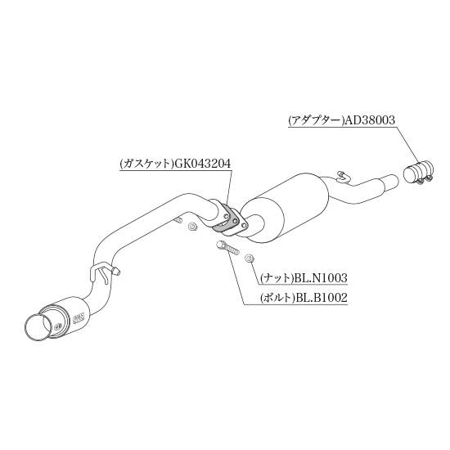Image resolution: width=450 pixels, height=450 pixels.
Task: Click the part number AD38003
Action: point(370,120)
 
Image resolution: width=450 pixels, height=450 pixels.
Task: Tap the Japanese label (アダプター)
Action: point(317,120)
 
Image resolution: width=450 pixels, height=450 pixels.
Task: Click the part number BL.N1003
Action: point(320,278)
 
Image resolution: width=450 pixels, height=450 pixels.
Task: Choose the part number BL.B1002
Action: point(322,298)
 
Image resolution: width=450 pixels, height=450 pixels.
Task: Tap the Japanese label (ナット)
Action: point(277,278)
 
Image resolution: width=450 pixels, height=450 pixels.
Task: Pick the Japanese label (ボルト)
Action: point(278,298)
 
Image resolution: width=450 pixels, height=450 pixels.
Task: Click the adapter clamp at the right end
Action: point(418,173)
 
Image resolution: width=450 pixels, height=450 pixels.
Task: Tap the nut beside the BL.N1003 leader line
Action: point(249,259)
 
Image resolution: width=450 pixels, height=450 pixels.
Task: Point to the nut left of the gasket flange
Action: point(191,227)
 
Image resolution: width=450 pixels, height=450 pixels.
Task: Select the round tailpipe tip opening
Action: point(38,328)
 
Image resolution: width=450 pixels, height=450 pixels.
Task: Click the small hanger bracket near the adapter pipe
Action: point(344,177)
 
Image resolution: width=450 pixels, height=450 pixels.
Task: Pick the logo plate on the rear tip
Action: point(79,317)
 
